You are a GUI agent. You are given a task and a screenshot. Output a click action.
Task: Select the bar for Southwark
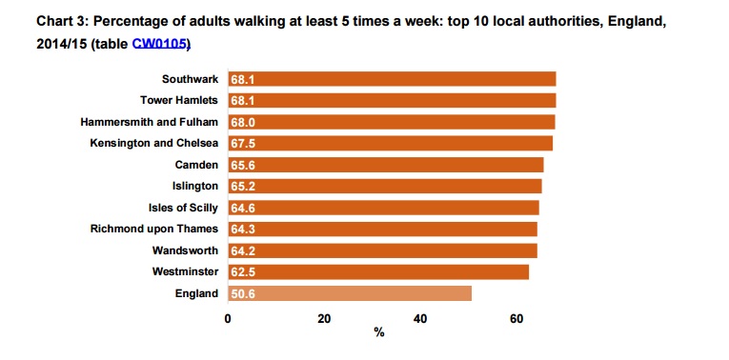click(392, 79)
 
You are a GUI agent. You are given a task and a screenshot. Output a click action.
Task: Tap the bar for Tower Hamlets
click(392, 100)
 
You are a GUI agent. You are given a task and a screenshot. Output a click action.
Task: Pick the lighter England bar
click(350, 293)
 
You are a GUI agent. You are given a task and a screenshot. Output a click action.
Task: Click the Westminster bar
click(378, 271)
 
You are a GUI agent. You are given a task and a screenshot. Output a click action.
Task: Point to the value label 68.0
click(243, 122)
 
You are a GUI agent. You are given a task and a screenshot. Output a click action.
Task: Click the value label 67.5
click(243, 143)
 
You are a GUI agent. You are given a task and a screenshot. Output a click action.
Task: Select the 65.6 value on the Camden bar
click(243, 165)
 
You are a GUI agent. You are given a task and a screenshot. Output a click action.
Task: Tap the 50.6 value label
click(243, 293)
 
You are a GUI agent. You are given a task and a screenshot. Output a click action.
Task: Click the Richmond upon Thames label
click(154, 229)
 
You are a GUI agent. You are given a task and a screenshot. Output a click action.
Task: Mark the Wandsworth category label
click(185, 250)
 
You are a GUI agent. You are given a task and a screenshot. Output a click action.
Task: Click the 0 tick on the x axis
click(228, 318)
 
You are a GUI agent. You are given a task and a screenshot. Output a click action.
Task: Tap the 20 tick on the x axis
click(324, 318)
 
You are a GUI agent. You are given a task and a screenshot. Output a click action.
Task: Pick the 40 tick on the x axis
click(420, 318)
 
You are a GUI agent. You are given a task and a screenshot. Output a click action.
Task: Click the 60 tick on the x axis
click(516, 318)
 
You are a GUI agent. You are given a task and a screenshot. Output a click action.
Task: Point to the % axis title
click(378, 333)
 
